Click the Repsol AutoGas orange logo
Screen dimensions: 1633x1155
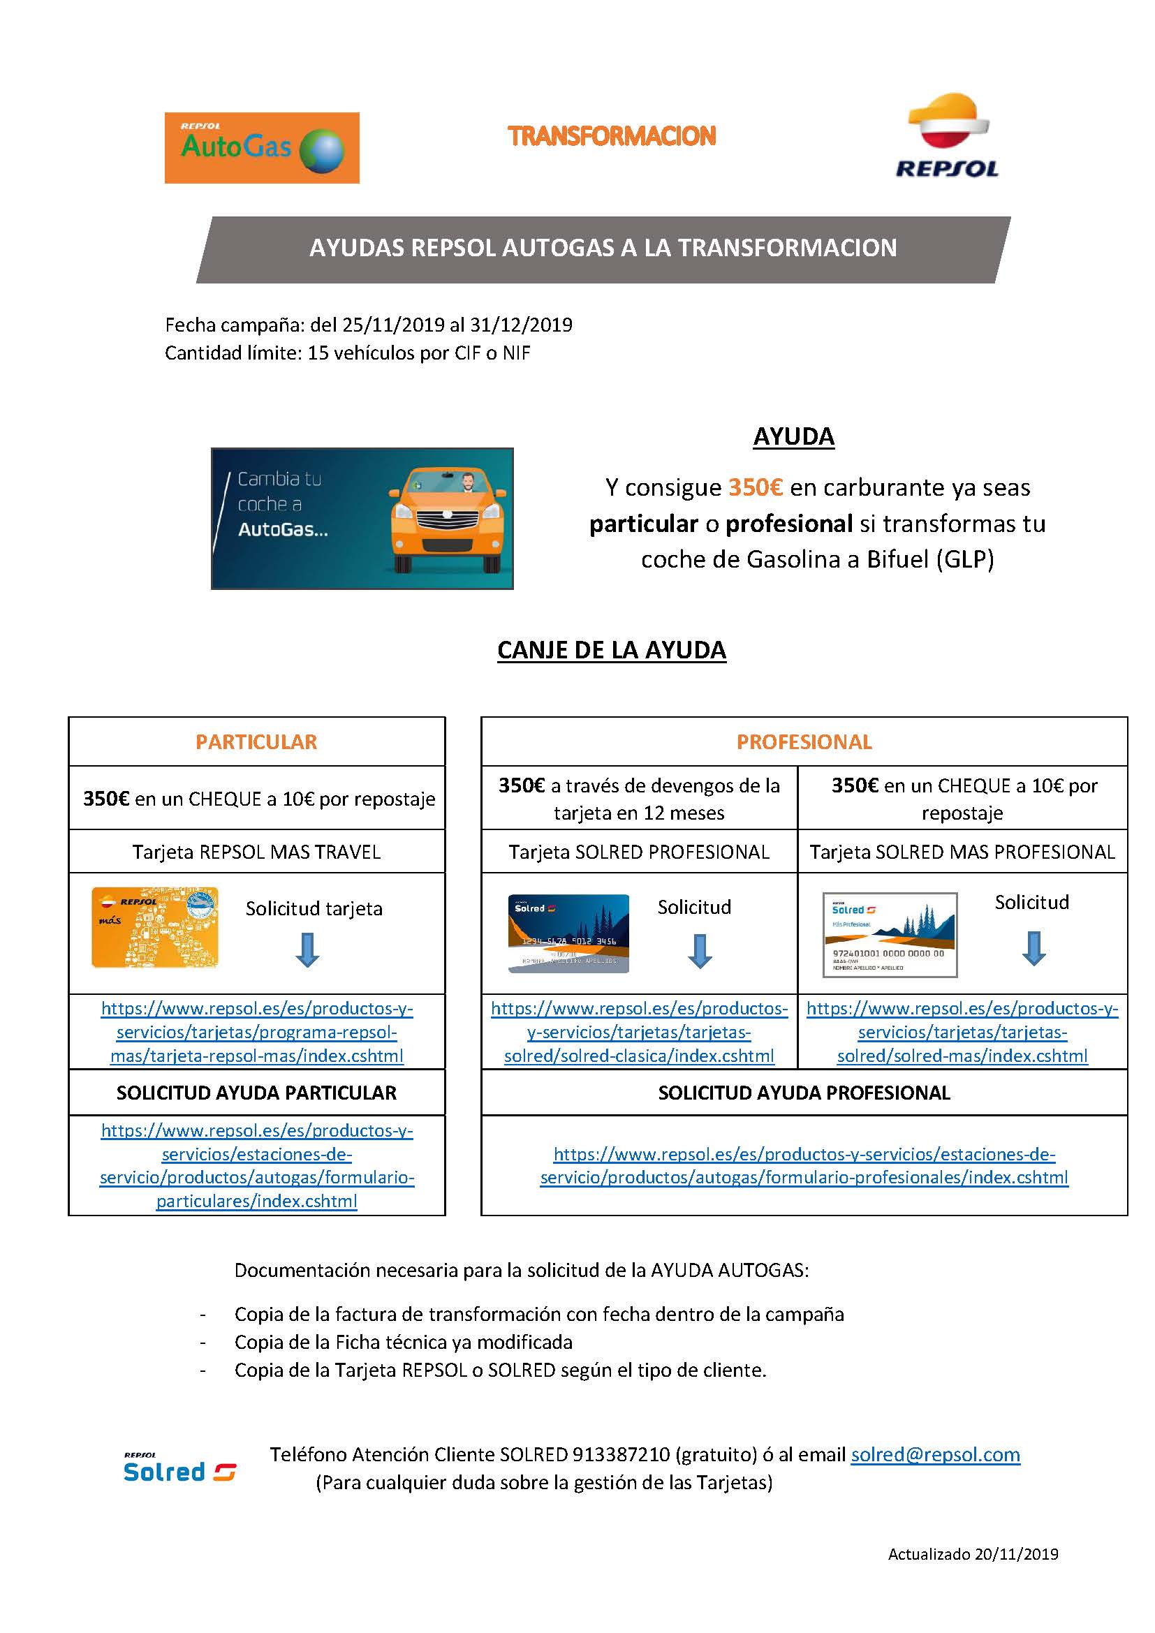click(262, 148)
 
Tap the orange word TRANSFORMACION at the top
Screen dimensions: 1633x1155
click(612, 137)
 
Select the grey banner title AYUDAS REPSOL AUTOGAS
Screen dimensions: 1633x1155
click(603, 249)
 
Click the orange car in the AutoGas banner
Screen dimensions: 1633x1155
click(448, 521)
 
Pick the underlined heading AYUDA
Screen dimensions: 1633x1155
click(793, 436)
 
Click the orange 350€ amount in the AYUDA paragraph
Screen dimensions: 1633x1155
click(756, 488)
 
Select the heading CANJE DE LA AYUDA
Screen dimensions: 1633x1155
click(612, 650)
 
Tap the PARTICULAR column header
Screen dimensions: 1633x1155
click(256, 742)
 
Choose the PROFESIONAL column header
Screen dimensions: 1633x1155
click(804, 742)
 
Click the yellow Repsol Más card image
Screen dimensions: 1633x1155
click(155, 927)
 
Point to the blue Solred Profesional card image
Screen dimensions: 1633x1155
click(568, 933)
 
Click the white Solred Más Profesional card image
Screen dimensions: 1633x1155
click(890, 935)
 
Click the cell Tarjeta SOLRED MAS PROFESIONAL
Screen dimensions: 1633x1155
click(962, 852)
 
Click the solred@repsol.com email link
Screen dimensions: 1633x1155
click(935, 1455)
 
